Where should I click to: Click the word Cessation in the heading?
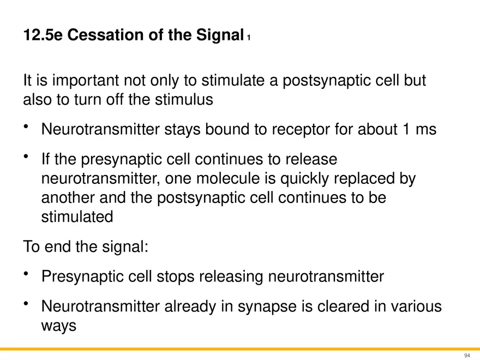(105, 34)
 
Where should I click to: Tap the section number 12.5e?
(43, 34)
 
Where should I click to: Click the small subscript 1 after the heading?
(249, 38)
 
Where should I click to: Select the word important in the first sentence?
(86, 81)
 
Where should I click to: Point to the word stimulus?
(184, 99)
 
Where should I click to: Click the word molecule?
(228, 178)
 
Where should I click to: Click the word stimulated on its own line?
(77, 217)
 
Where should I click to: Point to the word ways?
(59, 326)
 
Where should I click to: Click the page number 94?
(467, 356)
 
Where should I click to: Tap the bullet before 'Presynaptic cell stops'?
(26, 273)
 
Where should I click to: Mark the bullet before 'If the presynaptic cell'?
(26, 157)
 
